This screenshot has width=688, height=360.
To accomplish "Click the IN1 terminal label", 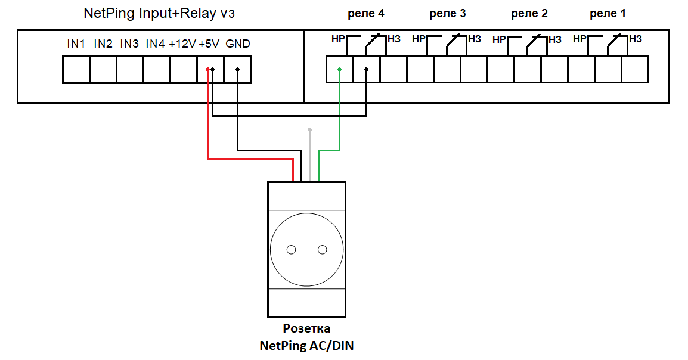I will click(76, 44).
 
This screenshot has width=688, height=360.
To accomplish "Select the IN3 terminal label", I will click(129, 44).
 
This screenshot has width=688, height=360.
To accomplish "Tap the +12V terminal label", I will click(182, 44).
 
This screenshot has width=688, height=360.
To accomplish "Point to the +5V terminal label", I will click(209, 44).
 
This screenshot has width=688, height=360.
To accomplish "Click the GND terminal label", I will click(238, 44).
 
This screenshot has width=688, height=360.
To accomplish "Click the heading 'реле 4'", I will click(365, 14).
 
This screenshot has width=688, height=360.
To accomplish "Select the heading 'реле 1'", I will click(608, 14).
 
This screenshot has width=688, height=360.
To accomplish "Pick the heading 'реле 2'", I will click(529, 14).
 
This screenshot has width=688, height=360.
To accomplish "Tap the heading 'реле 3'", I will click(447, 14).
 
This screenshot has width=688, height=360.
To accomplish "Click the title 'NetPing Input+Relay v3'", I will click(159, 14).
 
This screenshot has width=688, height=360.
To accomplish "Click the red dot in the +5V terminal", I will click(207, 69).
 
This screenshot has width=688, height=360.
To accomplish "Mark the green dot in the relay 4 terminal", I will click(339, 69).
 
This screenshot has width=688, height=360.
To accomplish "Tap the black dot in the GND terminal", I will click(237, 69).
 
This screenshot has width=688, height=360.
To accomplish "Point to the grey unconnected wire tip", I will click(309, 129).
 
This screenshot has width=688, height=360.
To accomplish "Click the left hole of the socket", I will click(291, 250).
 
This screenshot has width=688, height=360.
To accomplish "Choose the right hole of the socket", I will click(323, 250).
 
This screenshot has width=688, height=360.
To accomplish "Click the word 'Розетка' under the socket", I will click(306, 328).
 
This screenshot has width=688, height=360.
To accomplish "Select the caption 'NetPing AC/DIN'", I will click(306, 346).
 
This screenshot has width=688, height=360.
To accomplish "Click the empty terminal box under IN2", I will click(103, 70).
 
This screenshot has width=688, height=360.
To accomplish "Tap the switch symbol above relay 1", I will click(614, 42).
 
